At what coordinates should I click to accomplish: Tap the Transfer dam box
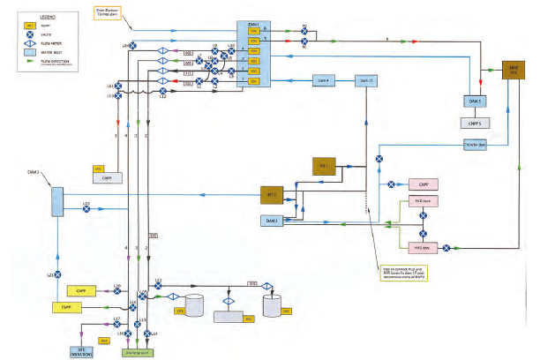point(476,145)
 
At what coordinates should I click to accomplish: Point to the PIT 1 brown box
point(324,165)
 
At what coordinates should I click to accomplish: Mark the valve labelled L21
point(57,275)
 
